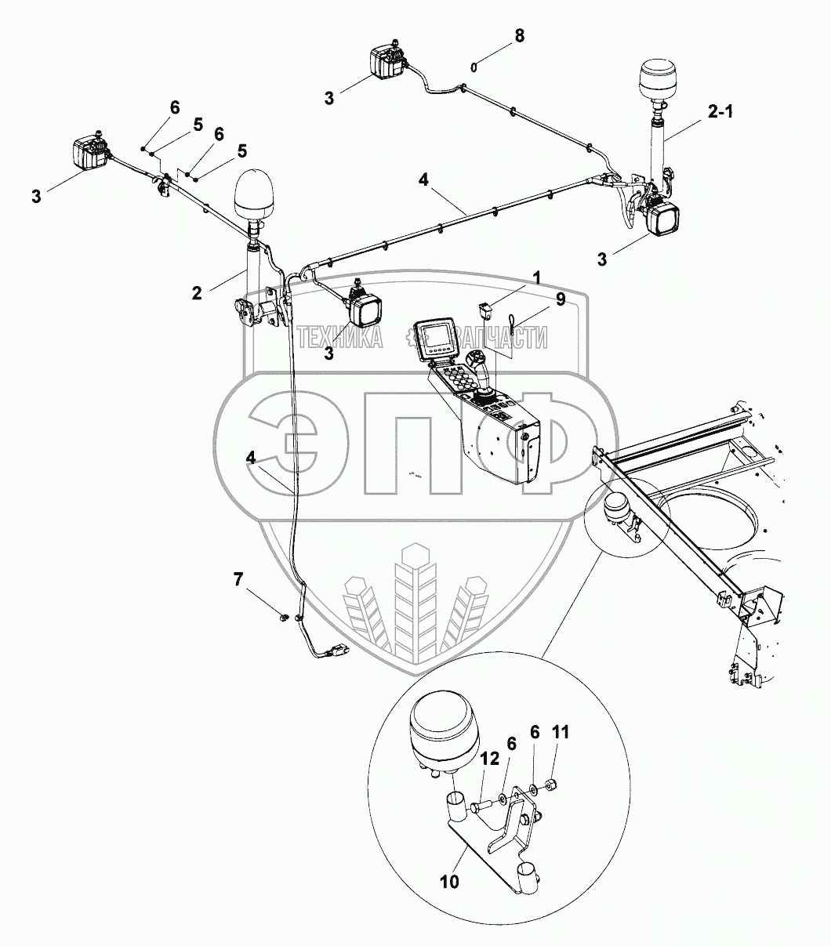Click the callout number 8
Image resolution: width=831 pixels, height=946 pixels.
(518, 36)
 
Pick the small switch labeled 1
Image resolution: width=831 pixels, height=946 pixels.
(488, 310)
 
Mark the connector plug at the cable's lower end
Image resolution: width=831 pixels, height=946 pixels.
(339, 649)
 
